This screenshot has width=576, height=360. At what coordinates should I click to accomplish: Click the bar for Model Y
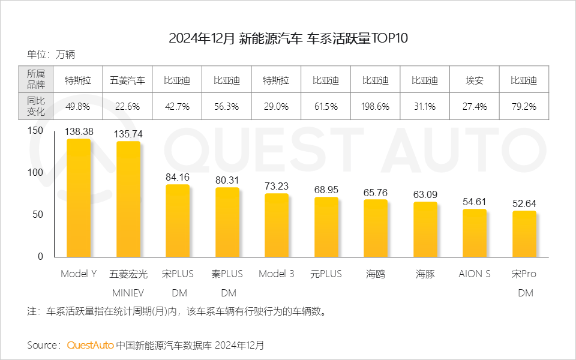pyautogui.click(x=78, y=197)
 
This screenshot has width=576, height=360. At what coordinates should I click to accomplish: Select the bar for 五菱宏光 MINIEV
pyautogui.click(x=128, y=199)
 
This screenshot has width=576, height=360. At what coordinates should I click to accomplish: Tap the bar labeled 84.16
pyautogui.click(x=178, y=220)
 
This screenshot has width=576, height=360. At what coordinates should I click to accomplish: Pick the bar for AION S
pyautogui.click(x=475, y=233)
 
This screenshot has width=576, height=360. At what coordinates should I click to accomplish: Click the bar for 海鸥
pyautogui.click(x=376, y=228)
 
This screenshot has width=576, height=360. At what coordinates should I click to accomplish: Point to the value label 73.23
pyautogui.click(x=277, y=186)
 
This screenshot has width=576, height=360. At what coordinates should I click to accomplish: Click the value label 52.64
pyautogui.click(x=524, y=203)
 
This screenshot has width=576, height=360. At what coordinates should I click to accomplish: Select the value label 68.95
pyautogui.click(x=326, y=190)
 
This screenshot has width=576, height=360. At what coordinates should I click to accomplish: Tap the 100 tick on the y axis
pyautogui.click(x=35, y=172)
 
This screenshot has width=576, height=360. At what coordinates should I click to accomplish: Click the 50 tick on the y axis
pyautogui.click(x=38, y=215)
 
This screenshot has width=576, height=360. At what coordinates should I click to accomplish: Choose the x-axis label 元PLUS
pyautogui.click(x=326, y=274)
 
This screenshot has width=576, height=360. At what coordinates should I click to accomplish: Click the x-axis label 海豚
pyautogui.click(x=425, y=274)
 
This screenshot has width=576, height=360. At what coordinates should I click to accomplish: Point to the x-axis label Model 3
pyautogui.click(x=276, y=274)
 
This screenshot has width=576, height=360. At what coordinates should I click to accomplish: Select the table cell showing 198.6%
pyautogui.click(x=376, y=107)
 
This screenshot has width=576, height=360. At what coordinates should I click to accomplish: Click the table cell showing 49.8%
pyautogui.click(x=78, y=107)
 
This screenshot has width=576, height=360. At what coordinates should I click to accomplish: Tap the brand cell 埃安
pyautogui.click(x=475, y=80)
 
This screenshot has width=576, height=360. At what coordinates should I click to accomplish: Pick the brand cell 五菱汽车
pyautogui.click(x=127, y=80)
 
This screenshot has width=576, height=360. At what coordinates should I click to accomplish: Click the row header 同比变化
pyautogui.click(x=36, y=107)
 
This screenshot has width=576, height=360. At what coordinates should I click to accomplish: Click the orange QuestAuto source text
pyautogui.click(x=91, y=346)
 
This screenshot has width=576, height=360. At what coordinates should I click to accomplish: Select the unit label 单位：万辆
pyautogui.click(x=51, y=55)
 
